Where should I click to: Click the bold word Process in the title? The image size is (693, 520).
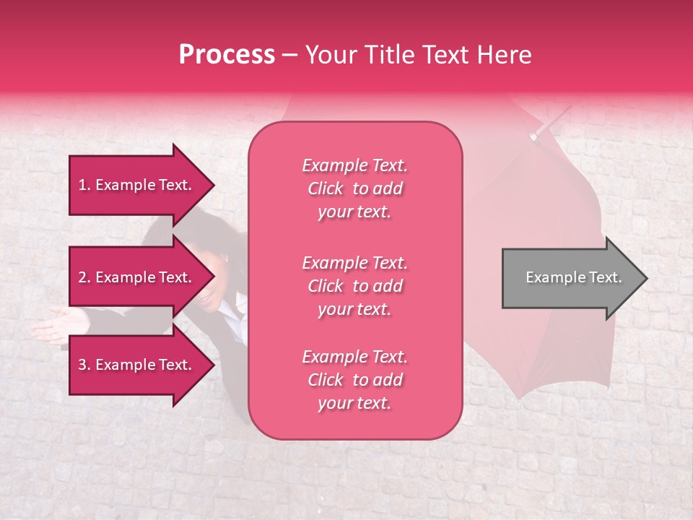tap(227, 55)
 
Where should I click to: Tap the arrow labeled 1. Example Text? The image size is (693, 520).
tap(137, 185)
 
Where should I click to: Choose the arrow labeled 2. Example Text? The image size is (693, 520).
tap(137, 277)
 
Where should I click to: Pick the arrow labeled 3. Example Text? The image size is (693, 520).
tap(137, 365)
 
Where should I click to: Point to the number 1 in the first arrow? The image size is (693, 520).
tap(82, 185)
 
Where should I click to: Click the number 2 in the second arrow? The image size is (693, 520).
tap(82, 277)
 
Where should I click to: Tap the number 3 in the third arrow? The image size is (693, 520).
tap(82, 365)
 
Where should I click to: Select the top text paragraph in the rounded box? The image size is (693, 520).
tap(354, 188)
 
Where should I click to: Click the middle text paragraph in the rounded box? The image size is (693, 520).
tap(354, 286)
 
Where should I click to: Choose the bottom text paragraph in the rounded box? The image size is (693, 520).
tap(354, 380)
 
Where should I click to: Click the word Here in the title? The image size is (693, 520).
tap(505, 55)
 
